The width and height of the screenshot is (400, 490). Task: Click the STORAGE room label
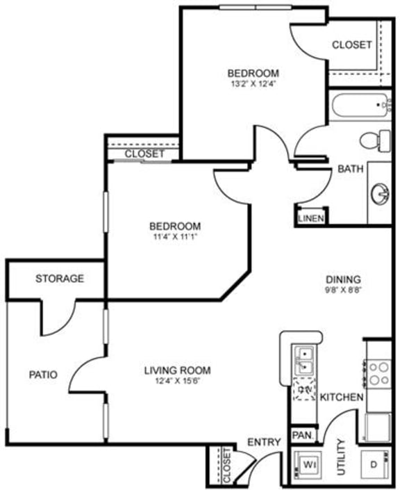[x=60, y=279]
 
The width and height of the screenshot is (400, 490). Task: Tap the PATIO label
[x=42, y=375]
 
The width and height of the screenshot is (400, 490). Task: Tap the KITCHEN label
[x=342, y=397]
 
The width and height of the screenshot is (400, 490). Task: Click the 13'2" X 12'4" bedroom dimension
[x=253, y=84]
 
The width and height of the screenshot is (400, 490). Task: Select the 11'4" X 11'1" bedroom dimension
[x=176, y=237]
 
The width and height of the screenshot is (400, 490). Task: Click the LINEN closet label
[x=309, y=218]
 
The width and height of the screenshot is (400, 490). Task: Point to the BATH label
[x=347, y=169]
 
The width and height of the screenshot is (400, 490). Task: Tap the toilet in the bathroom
[x=376, y=140]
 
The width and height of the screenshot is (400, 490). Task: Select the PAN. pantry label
[x=301, y=435]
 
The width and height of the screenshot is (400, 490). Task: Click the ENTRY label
[x=264, y=442]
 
